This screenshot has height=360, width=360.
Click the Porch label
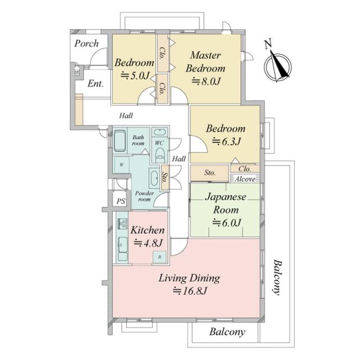coord(86,43)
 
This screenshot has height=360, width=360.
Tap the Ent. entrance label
coord(96,84)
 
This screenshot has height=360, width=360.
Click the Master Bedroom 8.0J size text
coord(206,82)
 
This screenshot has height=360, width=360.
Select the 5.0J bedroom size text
coord(135,75)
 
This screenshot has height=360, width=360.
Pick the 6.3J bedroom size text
coord(226,142)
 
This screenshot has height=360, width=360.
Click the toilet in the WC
coord(160,155)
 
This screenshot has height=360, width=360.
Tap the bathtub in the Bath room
coord(120,141)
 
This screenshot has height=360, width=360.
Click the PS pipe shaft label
coord(121,201)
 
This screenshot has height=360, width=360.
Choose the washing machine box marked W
coord(121,165)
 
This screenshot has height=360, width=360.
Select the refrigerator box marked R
coord(160,257)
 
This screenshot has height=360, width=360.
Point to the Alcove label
coord(245,179)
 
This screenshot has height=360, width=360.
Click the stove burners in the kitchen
coord(123,223)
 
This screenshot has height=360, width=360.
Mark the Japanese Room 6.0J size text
coord(227,223)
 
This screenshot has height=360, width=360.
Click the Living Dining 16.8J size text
coord(190,291)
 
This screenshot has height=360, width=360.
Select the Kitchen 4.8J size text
coord(148,243)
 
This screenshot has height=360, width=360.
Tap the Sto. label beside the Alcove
coord(210,173)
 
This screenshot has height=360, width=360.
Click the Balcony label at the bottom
coord(227,332)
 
